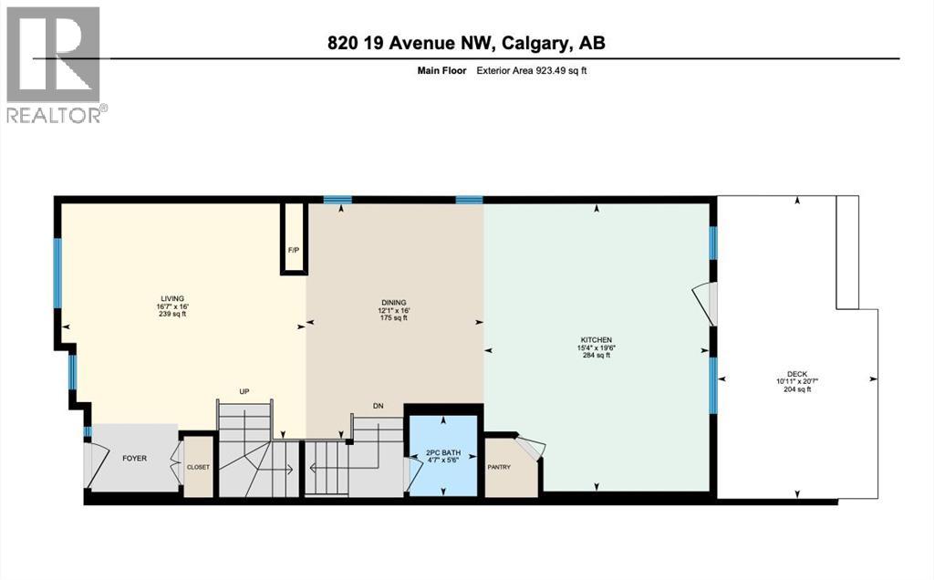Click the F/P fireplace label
coord(293,250)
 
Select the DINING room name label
coord(393,302)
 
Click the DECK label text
coord(794,373)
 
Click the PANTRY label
coord(498,468)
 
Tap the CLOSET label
coord(198,467)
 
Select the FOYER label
coord(135,458)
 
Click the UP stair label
coord(244,391)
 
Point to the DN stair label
coord(378,406)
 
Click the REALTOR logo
coord(55,65)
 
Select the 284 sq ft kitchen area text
coord(595,356)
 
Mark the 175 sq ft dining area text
coord(393,318)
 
